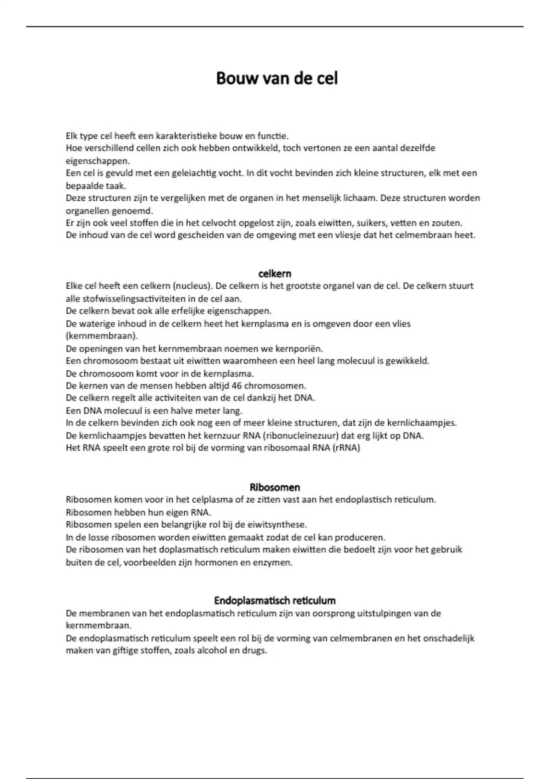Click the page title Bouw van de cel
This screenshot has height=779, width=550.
pyautogui.click(x=276, y=78)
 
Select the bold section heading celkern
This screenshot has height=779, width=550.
pyautogui.click(x=275, y=274)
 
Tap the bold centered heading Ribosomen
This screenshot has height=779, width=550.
pyautogui.click(x=275, y=487)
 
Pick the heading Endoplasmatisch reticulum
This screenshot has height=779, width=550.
pyautogui.click(x=275, y=600)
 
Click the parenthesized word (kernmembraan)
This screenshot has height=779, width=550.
pyautogui.click(x=101, y=336)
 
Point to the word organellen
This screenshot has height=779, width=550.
pyautogui.click(x=87, y=211)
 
